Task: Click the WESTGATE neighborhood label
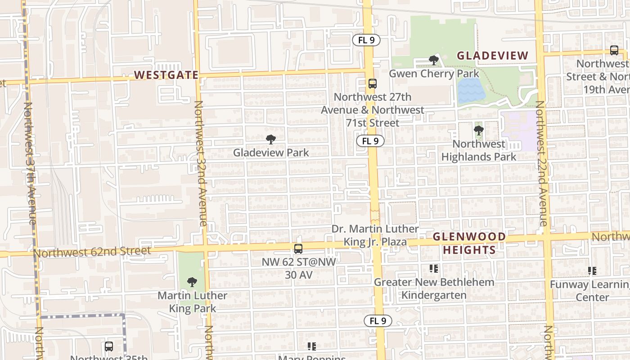(x=166, y=75)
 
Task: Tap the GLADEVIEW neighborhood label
(x=492, y=56)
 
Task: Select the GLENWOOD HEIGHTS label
(x=469, y=243)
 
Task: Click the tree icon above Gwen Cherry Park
(x=433, y=60)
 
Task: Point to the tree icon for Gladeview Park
(x=270, y=139)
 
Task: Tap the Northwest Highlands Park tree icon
(x=478, y=130)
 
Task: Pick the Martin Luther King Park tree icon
(x=192, y=282)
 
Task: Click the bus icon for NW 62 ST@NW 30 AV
(x=298, y=248)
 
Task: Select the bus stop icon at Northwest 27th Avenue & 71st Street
(x=372, y=83)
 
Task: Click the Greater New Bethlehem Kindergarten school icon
(x=434, y=269)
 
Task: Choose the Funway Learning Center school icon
(x=592, y=271)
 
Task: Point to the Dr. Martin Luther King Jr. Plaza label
(x=375, y=235)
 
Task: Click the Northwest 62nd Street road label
(x=92, y=252)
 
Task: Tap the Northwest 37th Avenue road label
(x=30, y=163)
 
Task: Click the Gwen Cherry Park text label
(x=434, y=73)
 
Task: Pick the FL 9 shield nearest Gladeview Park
(x=370, y=141)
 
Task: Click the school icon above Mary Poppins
(x=311, y=346)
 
